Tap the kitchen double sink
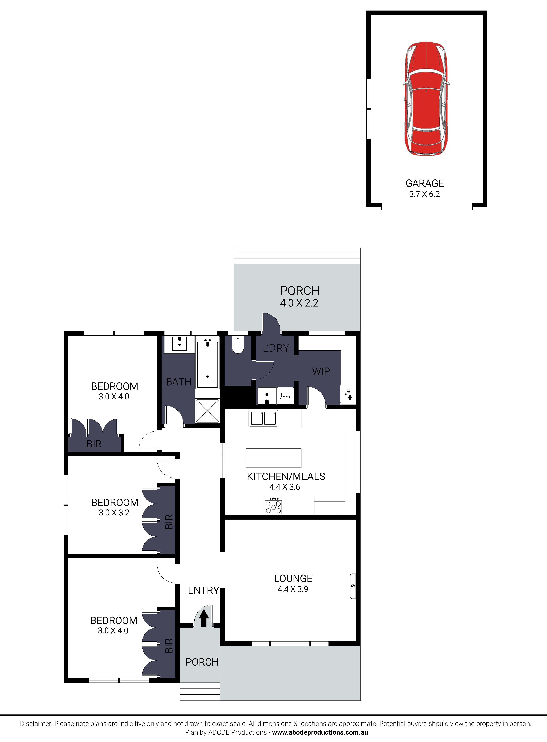coord(263,418)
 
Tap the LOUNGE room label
coord(293,578)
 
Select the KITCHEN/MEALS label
coord(286,476)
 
